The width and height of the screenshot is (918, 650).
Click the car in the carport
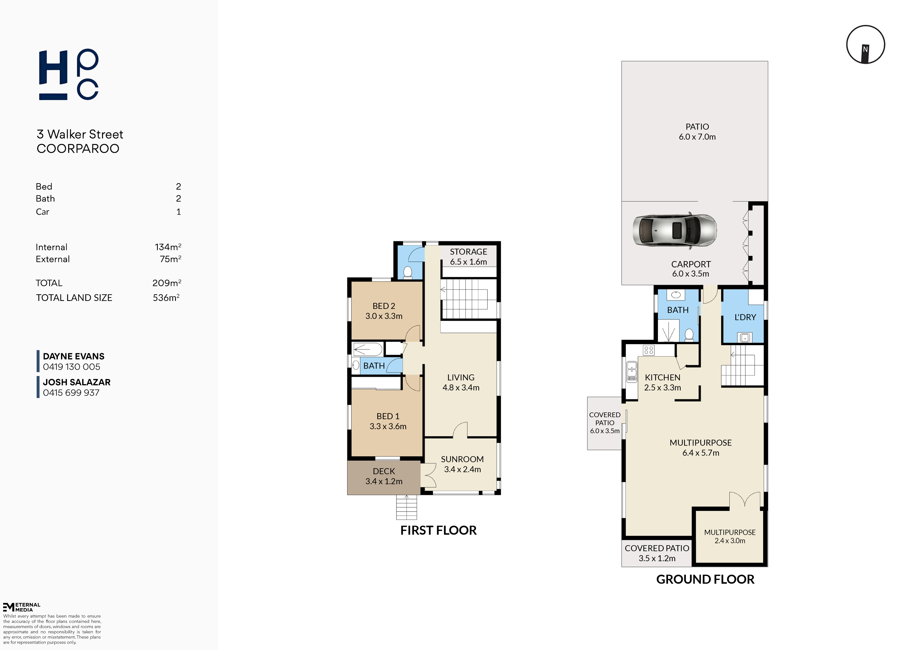pos(674,231)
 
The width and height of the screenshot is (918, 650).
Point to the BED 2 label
pos(384,306)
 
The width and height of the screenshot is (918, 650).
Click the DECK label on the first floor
pos(384,471)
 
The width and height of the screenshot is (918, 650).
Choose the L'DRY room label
pos(745,317)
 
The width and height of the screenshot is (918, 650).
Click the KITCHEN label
pos(662,377)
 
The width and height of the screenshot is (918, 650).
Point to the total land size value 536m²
pos(166,297)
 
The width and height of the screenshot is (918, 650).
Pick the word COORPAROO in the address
pos(78,148)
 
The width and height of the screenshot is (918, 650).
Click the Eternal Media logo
pos(22,607)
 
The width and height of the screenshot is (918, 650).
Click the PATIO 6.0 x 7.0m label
pos(697,132)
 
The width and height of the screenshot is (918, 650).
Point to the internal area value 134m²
pos(168,247)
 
